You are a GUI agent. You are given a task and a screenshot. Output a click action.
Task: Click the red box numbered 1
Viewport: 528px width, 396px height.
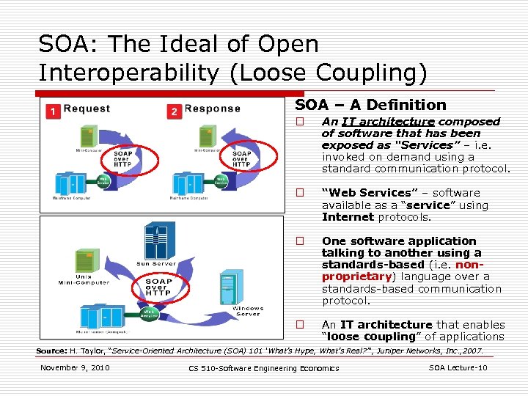tap(53, 111)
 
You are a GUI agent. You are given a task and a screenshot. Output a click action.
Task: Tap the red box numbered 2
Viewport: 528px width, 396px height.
tap(174, 111)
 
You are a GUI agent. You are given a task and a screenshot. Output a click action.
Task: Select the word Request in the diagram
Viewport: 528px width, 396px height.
tap(87, 109)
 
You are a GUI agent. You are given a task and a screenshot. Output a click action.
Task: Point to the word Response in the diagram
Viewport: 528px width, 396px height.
tap(212, 109)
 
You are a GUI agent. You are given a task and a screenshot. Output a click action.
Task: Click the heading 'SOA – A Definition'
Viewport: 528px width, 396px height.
tap(370, 105)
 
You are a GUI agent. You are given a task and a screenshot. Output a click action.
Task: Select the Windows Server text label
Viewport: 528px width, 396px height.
tap(248, 311)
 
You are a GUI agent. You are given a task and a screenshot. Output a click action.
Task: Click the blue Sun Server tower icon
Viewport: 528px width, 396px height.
tap(159, 239)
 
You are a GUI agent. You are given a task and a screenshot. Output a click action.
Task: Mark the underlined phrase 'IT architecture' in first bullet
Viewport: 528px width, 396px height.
tap(388, 122)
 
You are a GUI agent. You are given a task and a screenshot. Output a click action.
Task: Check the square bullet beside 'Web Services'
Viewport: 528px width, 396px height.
tap(299, 194)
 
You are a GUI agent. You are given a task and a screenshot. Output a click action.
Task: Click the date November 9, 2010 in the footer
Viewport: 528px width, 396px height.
tap(75, 367)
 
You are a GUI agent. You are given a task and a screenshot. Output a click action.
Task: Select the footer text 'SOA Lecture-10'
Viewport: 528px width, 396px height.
tap(458, 367)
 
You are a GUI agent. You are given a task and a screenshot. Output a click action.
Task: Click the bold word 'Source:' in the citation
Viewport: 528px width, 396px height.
tap(51, 351)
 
